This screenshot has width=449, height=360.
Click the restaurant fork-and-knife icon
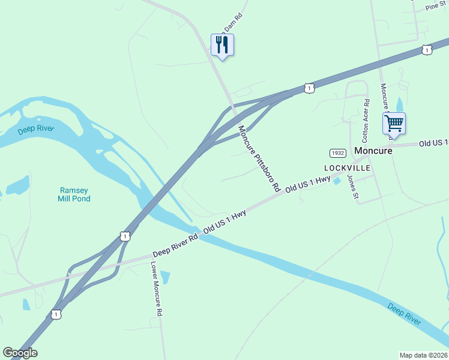click(222, 45)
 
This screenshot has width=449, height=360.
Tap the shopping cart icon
click(394, 124)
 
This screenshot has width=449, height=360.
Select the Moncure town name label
click(373, 151)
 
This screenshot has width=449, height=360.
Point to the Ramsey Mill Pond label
click(74, 194)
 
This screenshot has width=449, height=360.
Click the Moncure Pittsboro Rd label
click(259, 158)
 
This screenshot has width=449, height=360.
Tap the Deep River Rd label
click(175, 246)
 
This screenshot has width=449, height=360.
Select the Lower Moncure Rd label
click(157, 289)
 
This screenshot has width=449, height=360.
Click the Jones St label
click(353, 187)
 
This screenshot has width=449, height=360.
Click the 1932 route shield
click(337, 154)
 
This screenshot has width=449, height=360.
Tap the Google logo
click(20, 353)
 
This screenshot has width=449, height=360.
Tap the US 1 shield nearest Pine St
click(427, 50)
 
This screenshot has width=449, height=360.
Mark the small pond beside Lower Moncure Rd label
click(165, 277)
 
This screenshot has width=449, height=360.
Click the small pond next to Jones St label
click(337, 181)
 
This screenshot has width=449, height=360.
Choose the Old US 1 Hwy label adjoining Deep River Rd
click(225, 222)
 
